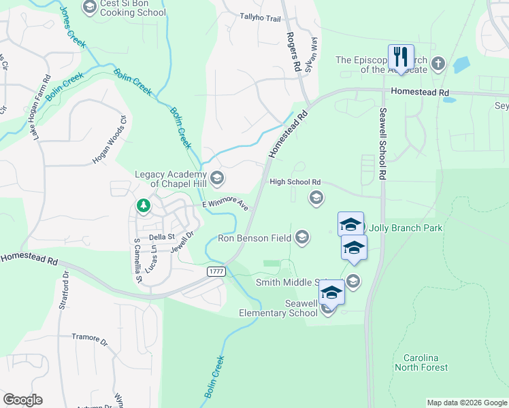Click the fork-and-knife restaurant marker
(401, 56)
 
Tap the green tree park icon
(143, 205)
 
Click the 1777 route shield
(216, 271)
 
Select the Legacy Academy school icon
(217, 179)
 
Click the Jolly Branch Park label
(406, 227)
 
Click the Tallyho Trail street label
(260, 18)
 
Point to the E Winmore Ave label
(226, 205)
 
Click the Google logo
(22, 400)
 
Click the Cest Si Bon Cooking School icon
(89, 7)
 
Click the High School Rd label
(295, 182)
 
